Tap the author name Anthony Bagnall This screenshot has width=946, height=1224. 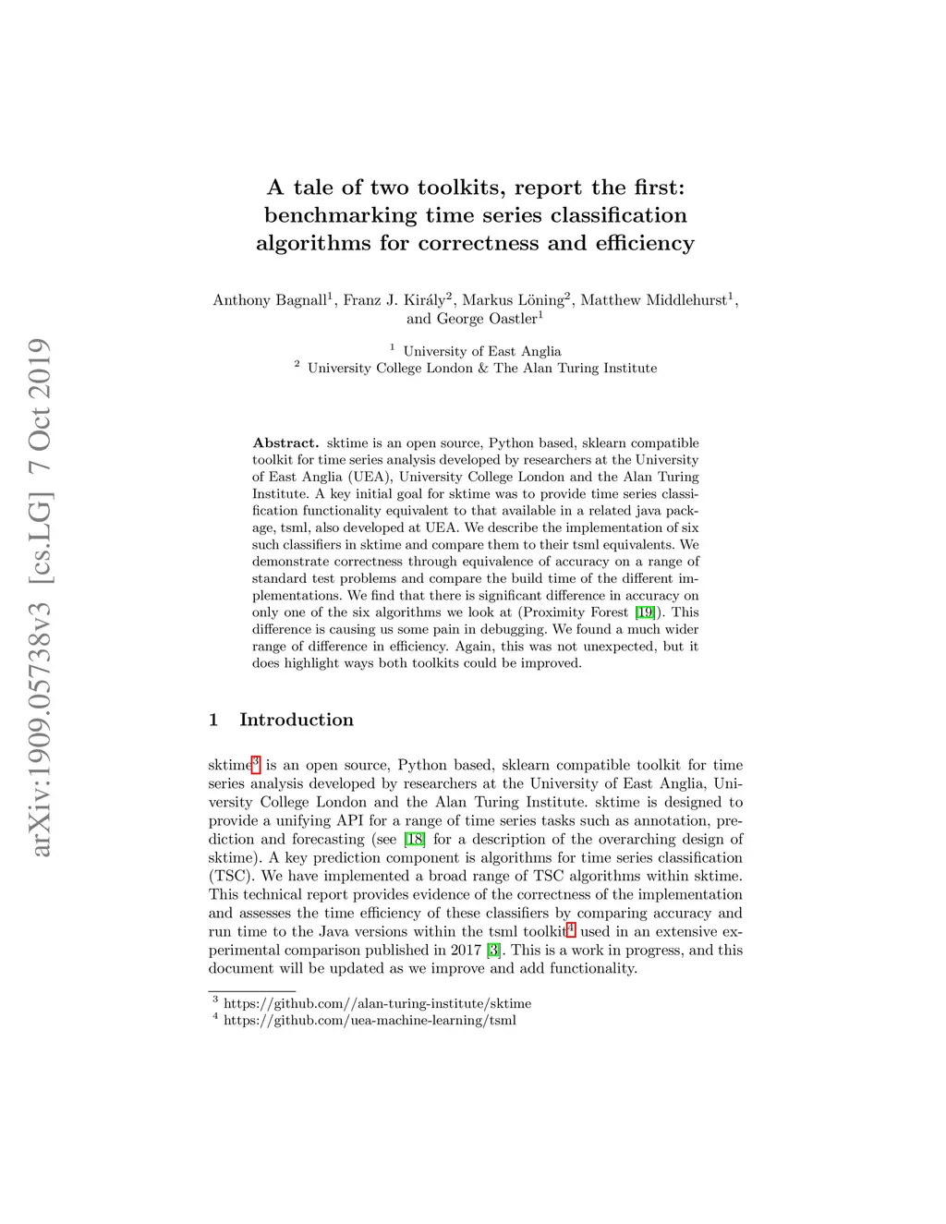point(270,300)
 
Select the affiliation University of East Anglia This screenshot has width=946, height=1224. point(481,351)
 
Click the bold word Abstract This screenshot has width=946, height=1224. point(285,443)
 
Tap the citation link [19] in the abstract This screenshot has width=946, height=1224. point(645,612)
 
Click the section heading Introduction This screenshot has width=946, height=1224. point(296,720)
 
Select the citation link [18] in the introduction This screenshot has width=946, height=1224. point(414,839)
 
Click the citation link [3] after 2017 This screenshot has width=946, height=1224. point(493,950)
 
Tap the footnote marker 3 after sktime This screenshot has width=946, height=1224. point(256,761)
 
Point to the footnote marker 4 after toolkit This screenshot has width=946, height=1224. point(570,927)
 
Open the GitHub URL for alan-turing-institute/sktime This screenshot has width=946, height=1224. point(377,1003)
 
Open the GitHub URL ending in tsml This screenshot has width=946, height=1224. point(370,1020)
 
